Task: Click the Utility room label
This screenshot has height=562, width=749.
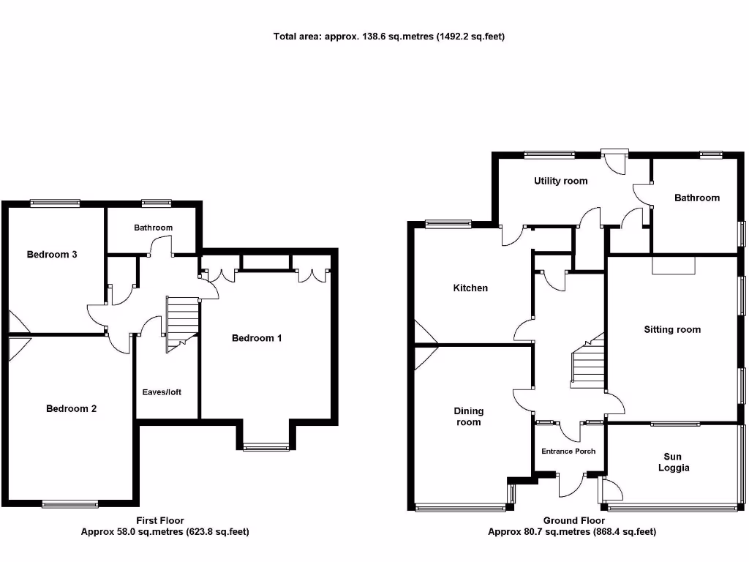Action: click(x=560, y=181)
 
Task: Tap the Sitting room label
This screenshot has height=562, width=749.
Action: click(x=672, y=329)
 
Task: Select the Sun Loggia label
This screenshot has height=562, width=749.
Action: click(x=672, y=462)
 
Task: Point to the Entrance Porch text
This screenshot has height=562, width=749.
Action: click(x=568, y=451)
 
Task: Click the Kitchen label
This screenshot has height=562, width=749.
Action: click(x=470, y=288)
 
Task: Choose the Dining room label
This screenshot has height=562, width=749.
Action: click(x=469, y=416)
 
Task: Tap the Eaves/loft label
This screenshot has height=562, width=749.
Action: click(x=162, y=392)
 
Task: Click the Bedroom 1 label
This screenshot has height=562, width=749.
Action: click(x=257, y=338)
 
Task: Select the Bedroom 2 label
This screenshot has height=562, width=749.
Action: click(x=72, y=408)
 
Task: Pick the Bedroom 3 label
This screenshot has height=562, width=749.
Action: click(x=52, y=255)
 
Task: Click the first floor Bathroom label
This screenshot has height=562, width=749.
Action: click(x=153, y=228)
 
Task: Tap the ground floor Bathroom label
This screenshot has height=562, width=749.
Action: click(x=697, y=198)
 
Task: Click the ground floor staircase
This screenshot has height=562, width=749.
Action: click(x=588, y=365)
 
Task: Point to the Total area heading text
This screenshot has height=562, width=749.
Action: click(x=388, y=36)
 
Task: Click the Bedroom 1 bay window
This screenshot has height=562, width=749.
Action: click(x=266, y=447)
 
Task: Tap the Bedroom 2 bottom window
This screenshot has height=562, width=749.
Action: click(x=69, y=503)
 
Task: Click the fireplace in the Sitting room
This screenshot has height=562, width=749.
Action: click(x=673, y=265)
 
